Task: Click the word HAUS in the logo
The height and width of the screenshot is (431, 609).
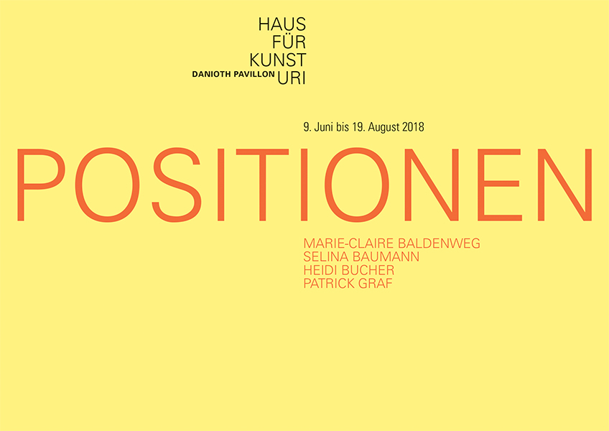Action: (282, 24)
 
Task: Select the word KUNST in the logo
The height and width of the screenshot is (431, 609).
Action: (278, 60)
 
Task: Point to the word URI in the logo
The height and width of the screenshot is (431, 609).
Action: (292, 78)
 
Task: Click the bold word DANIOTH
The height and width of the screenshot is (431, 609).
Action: (212, 74)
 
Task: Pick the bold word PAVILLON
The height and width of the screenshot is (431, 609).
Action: (254, 74)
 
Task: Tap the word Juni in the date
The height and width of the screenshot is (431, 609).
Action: (323, 127)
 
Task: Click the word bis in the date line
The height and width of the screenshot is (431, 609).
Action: (343, 127)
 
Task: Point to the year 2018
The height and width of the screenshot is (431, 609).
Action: (413, 127)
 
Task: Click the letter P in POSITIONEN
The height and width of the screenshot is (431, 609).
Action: (41, 185)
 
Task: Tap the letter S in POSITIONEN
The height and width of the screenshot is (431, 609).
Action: (177, 185)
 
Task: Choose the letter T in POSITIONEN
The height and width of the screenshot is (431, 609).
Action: (263, 185)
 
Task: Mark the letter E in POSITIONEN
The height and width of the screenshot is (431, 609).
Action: (500, 185)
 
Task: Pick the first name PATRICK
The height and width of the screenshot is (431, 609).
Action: (329, 283)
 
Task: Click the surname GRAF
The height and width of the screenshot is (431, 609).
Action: (375, 283)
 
